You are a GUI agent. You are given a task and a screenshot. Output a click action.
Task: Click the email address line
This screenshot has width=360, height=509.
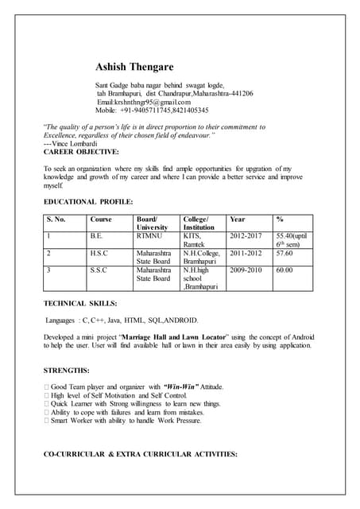144,103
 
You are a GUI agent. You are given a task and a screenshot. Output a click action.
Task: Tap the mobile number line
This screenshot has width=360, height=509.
152,111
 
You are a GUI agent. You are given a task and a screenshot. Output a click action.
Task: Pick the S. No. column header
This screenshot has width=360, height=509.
56,219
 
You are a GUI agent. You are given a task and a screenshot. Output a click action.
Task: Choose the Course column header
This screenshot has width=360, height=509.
101,219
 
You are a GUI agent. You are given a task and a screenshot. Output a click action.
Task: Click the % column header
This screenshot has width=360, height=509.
280,219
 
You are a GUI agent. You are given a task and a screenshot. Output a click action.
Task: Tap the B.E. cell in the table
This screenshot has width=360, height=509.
97,235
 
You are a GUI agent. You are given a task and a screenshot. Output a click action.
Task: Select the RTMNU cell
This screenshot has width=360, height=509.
149,235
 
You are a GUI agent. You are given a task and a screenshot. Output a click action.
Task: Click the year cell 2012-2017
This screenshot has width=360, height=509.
245,235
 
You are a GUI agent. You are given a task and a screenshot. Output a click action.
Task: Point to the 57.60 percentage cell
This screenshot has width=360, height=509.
285,253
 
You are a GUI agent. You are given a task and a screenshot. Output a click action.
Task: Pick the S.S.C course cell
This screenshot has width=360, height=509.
99,270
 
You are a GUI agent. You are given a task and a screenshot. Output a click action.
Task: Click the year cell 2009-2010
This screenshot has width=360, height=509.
245,270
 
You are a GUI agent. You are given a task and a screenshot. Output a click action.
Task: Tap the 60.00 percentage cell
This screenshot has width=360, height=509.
285,270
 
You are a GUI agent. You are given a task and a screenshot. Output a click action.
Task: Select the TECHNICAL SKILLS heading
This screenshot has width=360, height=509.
80,303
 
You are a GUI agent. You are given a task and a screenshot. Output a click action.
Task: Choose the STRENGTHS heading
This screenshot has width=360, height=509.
67,371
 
